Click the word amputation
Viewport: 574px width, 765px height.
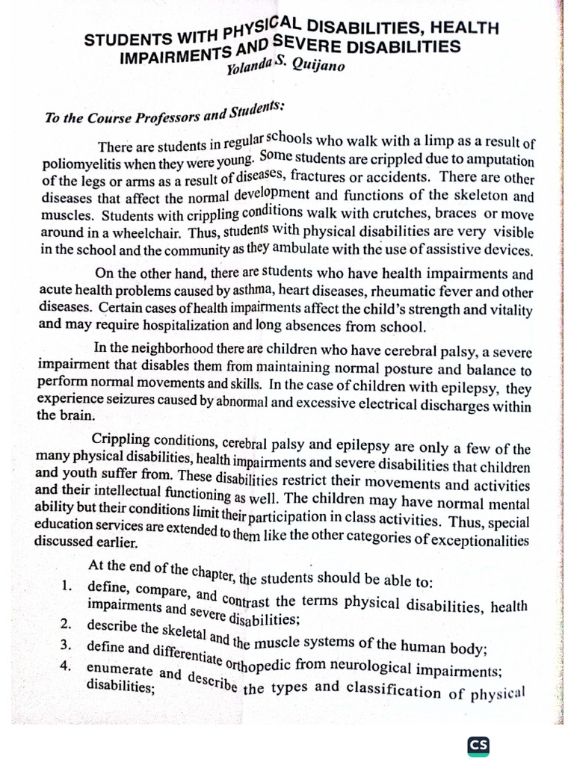coord(500,161)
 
